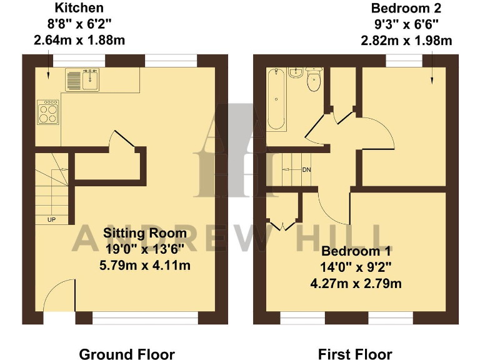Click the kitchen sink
coord(82,79)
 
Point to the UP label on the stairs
coord(51,219)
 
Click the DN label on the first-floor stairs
coord(306,169)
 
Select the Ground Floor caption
coord(127,354)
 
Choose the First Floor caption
coord(355,354)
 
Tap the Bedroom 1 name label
coord(356,252)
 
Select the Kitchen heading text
coord(79,8)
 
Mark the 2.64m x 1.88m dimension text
coord(79,41)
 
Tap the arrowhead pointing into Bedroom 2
coord(431,81)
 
